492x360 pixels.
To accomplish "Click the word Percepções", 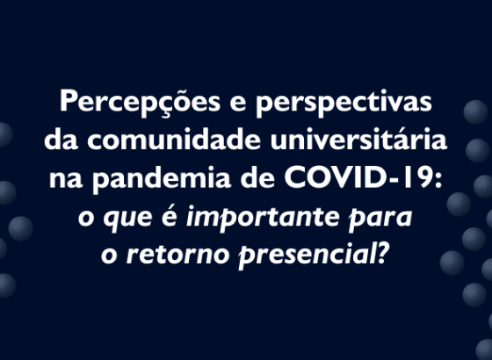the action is [140, 102].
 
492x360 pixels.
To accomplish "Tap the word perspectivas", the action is [344, 102].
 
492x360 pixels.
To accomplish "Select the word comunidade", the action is [174, 139].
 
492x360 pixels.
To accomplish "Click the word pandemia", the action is [162, 177].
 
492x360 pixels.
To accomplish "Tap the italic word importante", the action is [263, 216].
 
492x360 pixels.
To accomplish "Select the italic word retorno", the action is [178, 255].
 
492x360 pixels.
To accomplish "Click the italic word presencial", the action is [307, 255].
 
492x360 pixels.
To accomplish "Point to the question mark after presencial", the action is [383, 253].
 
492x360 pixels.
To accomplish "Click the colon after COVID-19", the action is [438, 181].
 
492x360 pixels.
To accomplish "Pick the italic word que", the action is [128, 219].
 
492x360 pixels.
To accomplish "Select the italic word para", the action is [380, 218].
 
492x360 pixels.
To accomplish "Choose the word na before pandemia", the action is [66, 180].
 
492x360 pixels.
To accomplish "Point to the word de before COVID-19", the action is [258, 177].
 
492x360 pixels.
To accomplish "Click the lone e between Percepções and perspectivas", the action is [238, 104].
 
